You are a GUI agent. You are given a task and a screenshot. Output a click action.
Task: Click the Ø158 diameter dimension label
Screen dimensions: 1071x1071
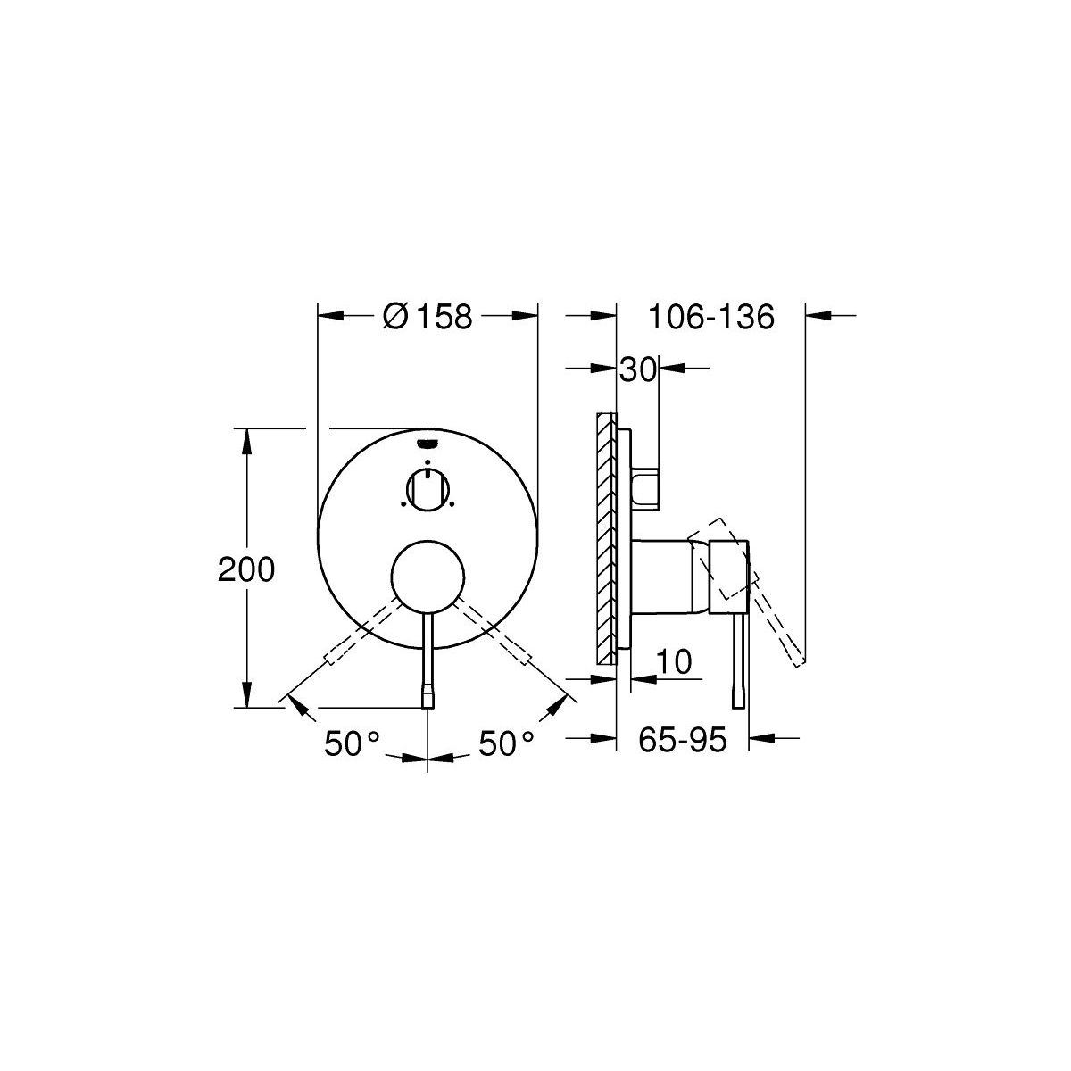[x=428, y=316]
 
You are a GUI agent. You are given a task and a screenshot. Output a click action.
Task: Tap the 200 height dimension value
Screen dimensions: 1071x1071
[x=246, y=569]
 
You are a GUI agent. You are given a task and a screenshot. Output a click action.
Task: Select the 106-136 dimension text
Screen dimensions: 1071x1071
[x=710, y=317]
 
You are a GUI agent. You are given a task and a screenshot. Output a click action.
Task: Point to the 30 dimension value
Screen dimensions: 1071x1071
[x=638, y=369]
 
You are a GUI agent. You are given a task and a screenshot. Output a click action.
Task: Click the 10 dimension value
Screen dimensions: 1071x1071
[x=674, y=661]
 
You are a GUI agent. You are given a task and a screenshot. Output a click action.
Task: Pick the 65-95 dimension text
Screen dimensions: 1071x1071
[x=682, y=740]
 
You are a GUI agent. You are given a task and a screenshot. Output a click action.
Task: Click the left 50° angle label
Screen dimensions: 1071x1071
[x=352, y=744]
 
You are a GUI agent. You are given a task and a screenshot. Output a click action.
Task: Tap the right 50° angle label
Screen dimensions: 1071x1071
[x=506, y=744]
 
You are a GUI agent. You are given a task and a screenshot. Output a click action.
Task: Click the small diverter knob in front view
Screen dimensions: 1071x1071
[x=428, y=489]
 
